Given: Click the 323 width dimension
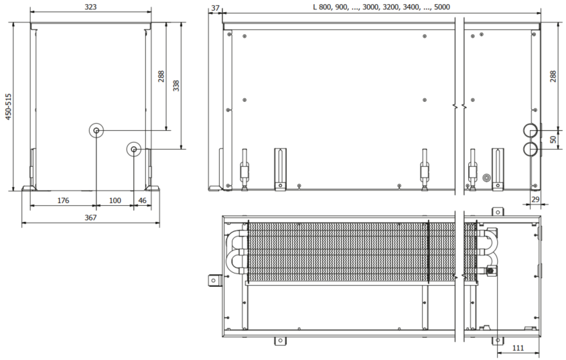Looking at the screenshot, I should tap(91, 7).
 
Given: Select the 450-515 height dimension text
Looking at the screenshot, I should tap(8, 107).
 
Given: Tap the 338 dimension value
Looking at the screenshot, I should tap(176, 86).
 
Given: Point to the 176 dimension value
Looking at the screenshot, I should tap(62, 200).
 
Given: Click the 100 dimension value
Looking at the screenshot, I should tap(115, 200).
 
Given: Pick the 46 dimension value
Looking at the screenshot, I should tap(143, 200).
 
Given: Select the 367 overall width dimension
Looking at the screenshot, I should tap(91, 218).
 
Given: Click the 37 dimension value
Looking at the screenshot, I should tap(215, 7).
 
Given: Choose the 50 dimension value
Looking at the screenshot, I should tap(553, 139).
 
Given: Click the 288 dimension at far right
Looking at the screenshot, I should tap(553, 76).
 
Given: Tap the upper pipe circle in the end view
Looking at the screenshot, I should tap(97, 130).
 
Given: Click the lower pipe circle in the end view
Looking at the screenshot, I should tap(135, 149).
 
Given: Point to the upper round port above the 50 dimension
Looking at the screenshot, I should tap(530, 130).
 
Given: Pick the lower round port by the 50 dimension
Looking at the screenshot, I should tap(530, 148).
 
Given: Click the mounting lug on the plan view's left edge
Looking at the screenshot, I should tap(214, 280).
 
